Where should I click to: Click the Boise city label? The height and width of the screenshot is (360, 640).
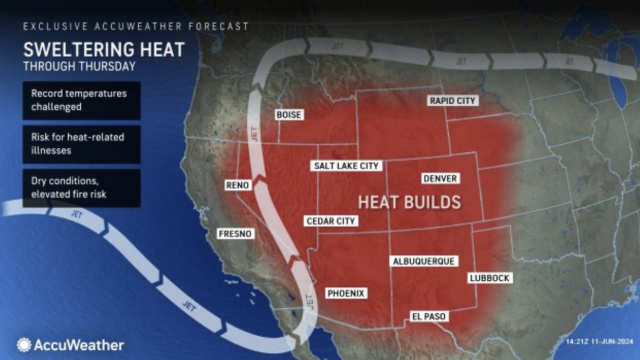(289, 115)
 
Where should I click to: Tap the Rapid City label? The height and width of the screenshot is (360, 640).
(452, 101)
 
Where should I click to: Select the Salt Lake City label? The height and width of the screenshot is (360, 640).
(346, 166)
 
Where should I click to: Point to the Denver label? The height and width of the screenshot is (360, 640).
(440, 178)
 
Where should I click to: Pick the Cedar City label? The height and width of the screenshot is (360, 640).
(331, 221)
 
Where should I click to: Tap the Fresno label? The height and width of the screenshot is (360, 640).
(235, 233)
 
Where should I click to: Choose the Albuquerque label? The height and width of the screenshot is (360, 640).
(424, 261)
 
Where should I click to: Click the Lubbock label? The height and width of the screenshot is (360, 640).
(489, 278)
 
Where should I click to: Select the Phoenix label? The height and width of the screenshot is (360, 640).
(346, 293)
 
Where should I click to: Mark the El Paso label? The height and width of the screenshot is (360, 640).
(428, 316)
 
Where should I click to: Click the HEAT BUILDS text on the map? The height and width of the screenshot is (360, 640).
(409, 202)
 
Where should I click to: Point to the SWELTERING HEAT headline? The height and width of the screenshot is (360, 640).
(104, 50)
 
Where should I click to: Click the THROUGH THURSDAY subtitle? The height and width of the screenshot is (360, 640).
(79, 66)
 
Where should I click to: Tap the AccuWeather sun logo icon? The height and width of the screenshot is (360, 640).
(24, 345)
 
